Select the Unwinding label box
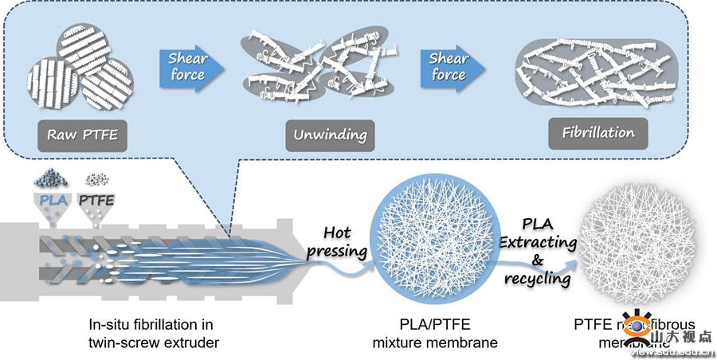point(330,135)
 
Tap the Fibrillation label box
point(598,132)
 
